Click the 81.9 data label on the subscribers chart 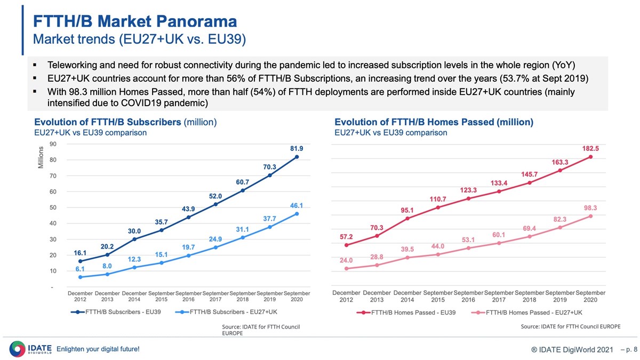click(297, 148)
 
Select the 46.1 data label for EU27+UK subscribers click(297, 205)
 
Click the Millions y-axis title click(41, 158)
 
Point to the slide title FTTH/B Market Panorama click(135, 22)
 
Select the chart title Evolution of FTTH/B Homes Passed click(434, 122)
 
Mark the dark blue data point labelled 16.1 click(80, 261)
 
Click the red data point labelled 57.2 click(347, 245)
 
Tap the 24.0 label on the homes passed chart click(347, 260)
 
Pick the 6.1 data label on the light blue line click(80, 269)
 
